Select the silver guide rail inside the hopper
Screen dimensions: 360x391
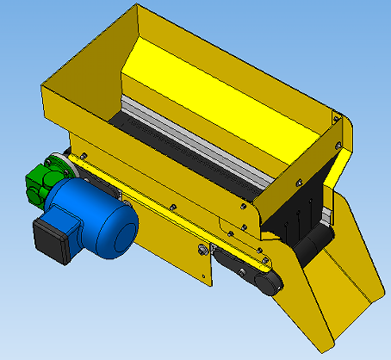pos(198,138)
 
